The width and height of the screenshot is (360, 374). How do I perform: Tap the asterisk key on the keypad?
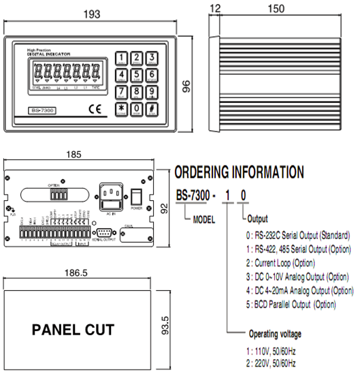121,108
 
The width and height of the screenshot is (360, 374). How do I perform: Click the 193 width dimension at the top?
91,14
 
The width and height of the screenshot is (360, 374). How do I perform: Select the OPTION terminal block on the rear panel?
59,193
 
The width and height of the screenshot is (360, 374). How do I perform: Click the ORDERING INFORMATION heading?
239,172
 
